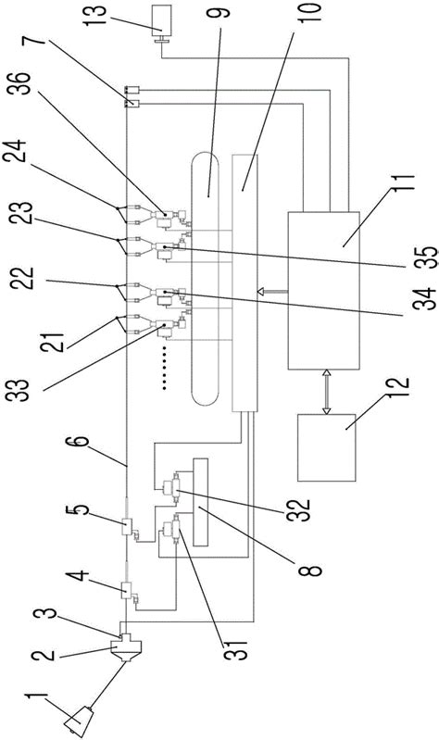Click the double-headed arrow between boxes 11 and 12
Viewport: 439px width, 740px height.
(325, 392)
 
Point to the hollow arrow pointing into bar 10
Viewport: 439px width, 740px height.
(273, 292)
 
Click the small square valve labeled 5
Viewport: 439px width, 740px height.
(128, 526)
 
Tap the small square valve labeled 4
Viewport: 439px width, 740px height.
(127, 590)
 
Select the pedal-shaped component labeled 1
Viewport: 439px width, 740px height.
(80, 720)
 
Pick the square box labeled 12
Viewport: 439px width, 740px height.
(326, 447)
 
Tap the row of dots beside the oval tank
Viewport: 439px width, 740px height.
(164, 368)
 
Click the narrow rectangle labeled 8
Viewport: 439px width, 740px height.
(201, 502)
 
